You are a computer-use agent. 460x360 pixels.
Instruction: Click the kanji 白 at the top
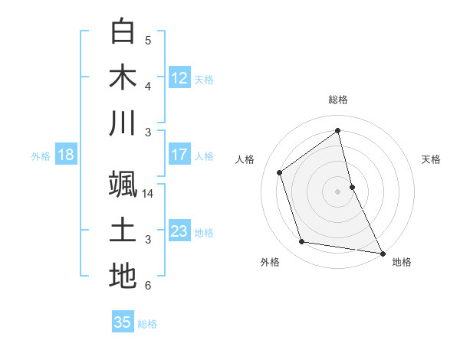point(123,31)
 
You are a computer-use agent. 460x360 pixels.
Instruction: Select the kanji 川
point(123,123)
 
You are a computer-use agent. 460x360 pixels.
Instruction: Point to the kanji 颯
point(123,184)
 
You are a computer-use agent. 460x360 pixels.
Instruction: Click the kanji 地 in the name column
point(123,276)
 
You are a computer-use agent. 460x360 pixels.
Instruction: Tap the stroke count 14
point(148,194)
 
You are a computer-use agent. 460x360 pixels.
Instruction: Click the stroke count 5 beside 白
point(148,41)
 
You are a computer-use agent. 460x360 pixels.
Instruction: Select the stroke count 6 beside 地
point(148,286)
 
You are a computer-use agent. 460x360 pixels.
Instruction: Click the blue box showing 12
point(179,78)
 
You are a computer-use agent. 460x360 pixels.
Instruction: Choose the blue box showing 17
point(179,155)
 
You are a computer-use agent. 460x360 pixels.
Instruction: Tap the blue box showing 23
point(179,231)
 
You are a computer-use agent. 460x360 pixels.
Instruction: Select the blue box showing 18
point(66,155)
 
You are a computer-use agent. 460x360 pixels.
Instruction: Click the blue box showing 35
point(123,322)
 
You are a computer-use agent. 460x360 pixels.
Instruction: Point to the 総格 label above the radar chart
point(337,100)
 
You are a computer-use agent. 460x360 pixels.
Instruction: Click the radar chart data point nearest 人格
point(280,172)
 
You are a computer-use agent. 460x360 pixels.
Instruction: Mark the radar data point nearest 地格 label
point(382,252)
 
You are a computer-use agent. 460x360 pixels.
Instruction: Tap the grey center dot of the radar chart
point(337,191)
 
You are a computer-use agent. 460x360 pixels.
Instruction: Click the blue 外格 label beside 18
point(41,155)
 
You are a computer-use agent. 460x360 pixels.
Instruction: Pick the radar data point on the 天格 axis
point(352,186)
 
